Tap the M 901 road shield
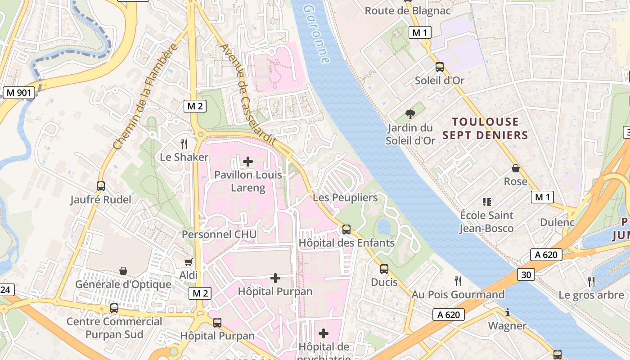[x=18, y=93]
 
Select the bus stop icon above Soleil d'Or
[x=440, y=67]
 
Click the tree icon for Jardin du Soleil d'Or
[x=410, y=114]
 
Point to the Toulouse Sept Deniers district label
[x=485, y=128]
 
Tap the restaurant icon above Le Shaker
[x=184, y=144]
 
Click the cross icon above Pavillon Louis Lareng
[x=248, y=161]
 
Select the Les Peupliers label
[x=345, y=198]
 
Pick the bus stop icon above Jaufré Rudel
[x=101, y=186]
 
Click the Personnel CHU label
[x=219, y=234]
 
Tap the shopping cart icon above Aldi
[x=189, y=261]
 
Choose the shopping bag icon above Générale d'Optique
[x=123, y=271]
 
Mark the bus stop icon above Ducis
[x=384, y=269]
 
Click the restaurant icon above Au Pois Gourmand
[x=458, y=281]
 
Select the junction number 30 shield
[x=526, y=274]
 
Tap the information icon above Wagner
[x=508, y=312]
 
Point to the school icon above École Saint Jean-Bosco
[x=486, y=202]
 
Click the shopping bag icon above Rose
[x=516, y=168]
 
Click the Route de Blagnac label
[x=408, y=11]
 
